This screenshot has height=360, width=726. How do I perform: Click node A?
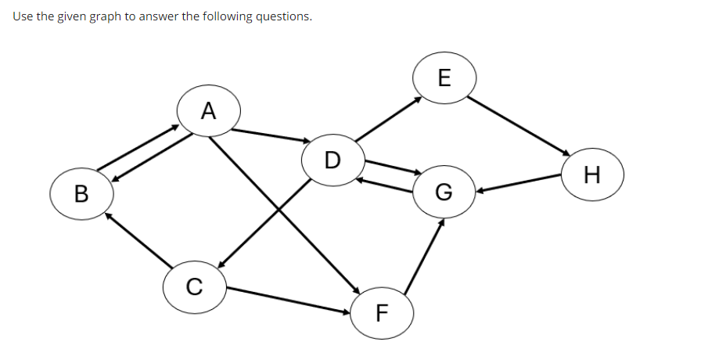[x=207, y=110]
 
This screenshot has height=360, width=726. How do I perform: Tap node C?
[x=195, y=287]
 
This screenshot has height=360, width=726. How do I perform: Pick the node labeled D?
[x=332, y=160]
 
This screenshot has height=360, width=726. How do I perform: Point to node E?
[x=444, y=77]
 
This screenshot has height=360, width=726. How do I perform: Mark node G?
[x=444, y=192]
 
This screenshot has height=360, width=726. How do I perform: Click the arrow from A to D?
[x=271, y=135]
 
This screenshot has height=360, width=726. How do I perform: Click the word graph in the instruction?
[x=103, y=16]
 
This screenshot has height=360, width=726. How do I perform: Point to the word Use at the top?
[x=23, y=16]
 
